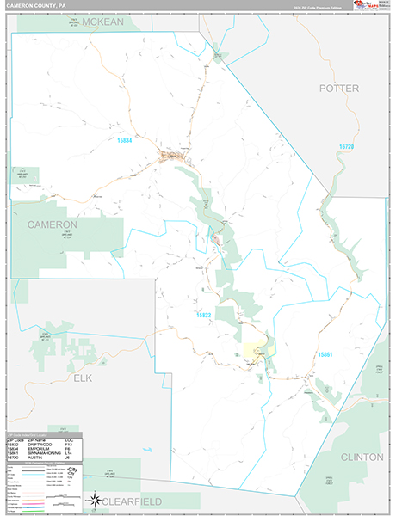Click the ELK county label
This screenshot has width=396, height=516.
[x=82, y=378]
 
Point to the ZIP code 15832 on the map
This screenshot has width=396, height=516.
[x=201, y=316]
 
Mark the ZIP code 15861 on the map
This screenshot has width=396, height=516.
[x=325, y=354]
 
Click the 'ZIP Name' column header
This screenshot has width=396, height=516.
[x=39, y=438]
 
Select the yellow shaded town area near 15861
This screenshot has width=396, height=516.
[x=255, y=350]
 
